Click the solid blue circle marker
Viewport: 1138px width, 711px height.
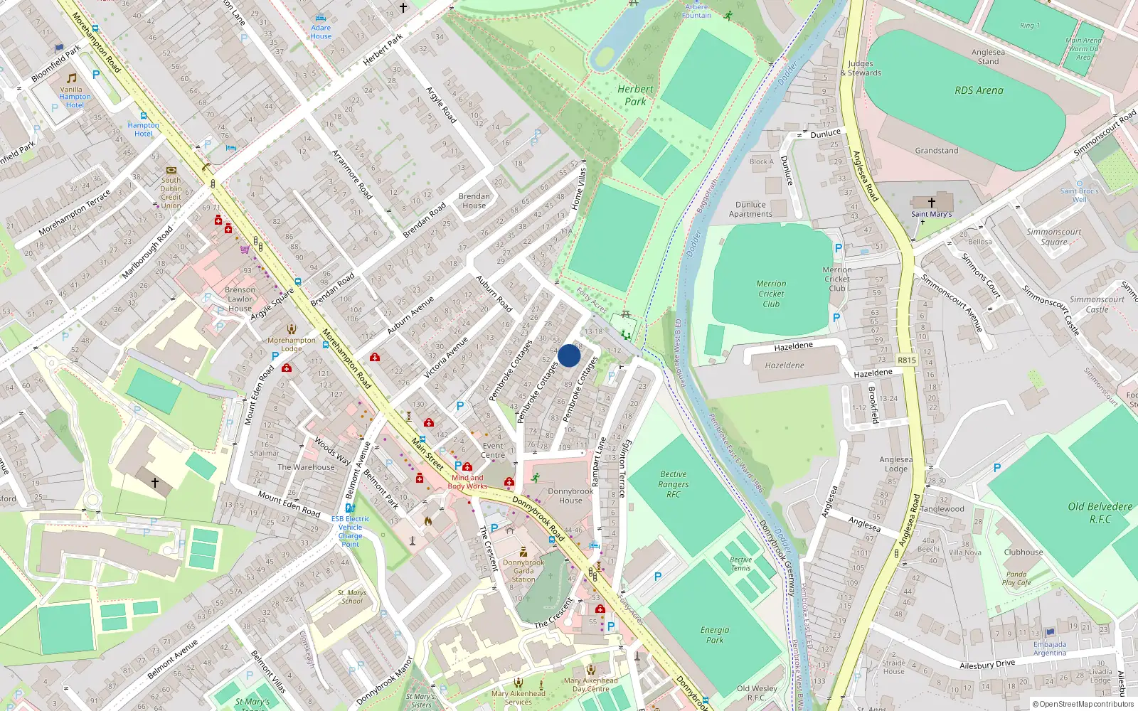(x=569, y=355)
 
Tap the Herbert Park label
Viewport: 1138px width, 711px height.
(x=635, y=95)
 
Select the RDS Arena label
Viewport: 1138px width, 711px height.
(x=979, y=90)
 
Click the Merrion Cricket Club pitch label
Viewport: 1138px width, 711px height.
(x=771, y=294)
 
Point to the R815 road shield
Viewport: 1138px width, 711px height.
(x=906, y=360)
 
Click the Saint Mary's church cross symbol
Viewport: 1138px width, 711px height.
(x=931, y=203)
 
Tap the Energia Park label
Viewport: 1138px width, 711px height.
(x=714, y=635)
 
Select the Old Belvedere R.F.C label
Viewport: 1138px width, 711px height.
(x=1100, y=513)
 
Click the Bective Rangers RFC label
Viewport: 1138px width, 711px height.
(x=673, y=484)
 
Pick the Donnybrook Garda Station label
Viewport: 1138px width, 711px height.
(x=523, y=571)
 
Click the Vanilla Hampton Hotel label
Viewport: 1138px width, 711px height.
(x=75, y=97)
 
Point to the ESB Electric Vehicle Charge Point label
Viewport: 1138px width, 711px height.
(x=350, y=531)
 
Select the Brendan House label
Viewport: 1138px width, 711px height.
(x=474, y=201)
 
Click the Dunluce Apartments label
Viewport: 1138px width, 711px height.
(x=750, y=209)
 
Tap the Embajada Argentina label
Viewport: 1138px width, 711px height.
(x=1050, y=648)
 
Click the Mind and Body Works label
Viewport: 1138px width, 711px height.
(x=467, y=482)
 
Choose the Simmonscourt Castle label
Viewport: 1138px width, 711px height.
(x=1097, y=304)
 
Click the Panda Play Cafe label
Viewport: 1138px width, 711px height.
(x=1016, y=578)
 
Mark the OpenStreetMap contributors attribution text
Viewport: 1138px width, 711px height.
(x=1083, y=704)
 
